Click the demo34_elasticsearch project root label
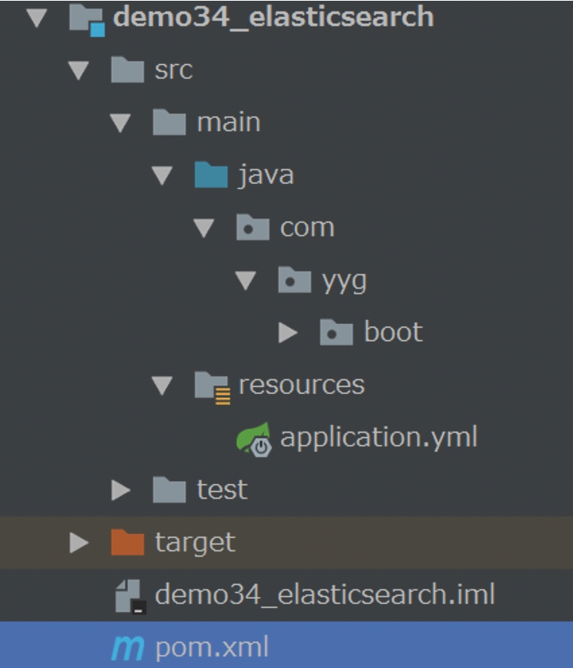(273, 17)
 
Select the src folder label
(173, 70)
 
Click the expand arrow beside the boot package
(288, 332)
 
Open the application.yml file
(378, 437)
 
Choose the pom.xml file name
(212, 647)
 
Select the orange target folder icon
(127, 543)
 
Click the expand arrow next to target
(79, 543)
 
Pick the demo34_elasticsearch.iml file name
(324, 594)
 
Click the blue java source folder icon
(210, 175)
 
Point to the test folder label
(222, 489)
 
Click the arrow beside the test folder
(121, 489)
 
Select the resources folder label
(301, 384)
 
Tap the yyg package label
(343, 281)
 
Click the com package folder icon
(253, 228)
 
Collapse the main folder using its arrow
(121, 122)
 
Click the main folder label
(228, 122)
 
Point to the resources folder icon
(211, 386)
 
